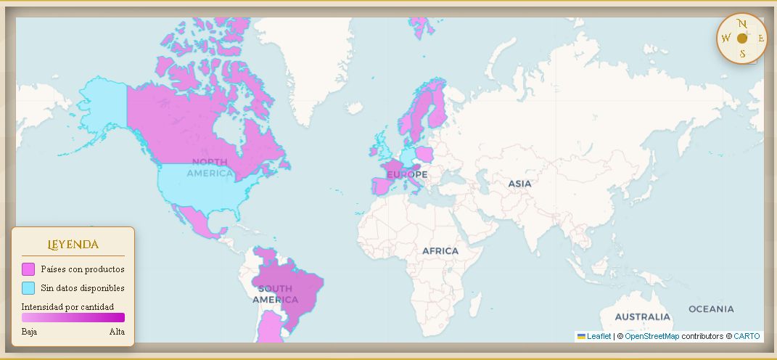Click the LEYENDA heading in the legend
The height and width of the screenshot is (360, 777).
pyautogui.click(x=73, y=245)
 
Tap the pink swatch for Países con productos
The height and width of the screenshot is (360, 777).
pyautogui.click(x=28, y=269)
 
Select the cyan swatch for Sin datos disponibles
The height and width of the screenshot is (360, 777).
pyautogui.click(x=28, y=288)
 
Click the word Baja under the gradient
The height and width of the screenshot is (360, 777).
pyautogui.click(x=30, y=332)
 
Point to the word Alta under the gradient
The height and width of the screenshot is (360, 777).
pyautogui.click(x=117, y=332)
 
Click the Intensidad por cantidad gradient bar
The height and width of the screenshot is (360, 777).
pyautogui.click(x=73, y=317)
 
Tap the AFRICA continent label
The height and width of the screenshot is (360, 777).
pyautogui.click(x=440, y=251)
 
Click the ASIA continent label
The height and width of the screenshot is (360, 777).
pyautogui.click(x=519, y=184)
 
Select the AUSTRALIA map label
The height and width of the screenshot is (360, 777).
pyautogui.click(x=642, y=317)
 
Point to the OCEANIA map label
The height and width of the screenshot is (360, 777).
pyautogui.click(x=711, y=309)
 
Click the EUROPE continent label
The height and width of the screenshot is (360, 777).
pyautogui.click(x=407, y=175)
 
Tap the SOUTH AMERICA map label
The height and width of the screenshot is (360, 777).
pyautogui.click(x=275, y=294)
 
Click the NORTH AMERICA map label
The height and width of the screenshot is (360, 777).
pyautogui.click(x=210, y=167)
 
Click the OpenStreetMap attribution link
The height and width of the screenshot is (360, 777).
pyautogui.click(x=652, y=336)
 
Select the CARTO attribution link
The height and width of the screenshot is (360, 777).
pyautogui.click(x=747, y=336)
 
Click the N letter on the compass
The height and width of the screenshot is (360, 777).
pyautogui.click(x=742, y=23)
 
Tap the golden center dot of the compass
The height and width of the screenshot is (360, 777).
pyautogui.click(x=742, y=38)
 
